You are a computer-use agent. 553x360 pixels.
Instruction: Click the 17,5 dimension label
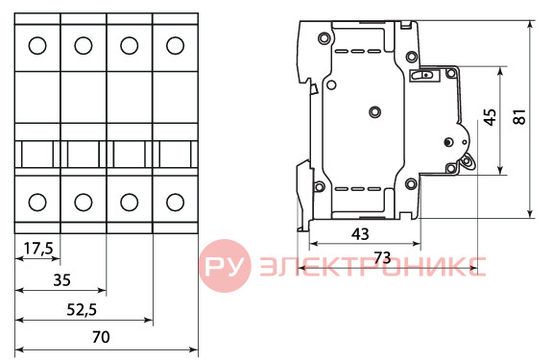click(38, 249)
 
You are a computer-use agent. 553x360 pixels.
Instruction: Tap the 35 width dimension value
click(61, 280)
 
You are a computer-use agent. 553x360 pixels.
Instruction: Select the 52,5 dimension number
click(82, 310)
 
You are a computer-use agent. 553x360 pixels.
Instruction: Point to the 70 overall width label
click(101, 337)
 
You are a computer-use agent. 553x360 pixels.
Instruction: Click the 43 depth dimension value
click(360, 234)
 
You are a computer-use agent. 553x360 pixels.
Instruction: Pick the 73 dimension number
click(382, 257)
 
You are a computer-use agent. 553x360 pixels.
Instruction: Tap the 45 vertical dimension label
click(490, 117)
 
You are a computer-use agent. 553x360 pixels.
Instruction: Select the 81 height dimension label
click(519, 117)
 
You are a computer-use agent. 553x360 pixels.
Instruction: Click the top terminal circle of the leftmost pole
click(37, 46)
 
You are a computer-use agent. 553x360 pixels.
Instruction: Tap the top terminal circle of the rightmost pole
click(175, 46)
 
